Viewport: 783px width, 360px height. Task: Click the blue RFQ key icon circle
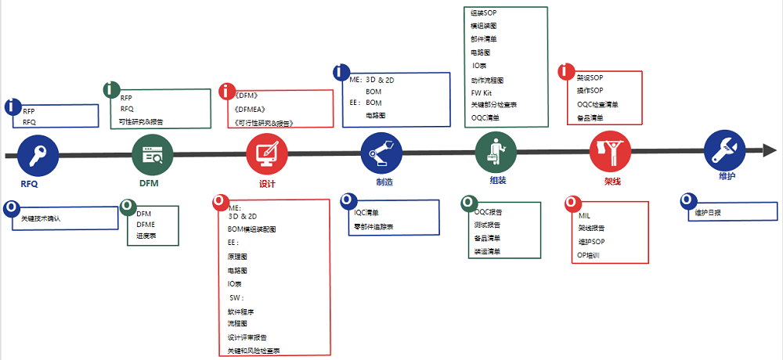coord(38,155)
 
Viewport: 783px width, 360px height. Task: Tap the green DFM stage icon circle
coord(153,155)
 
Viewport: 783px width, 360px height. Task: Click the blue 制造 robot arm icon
coord(381,154)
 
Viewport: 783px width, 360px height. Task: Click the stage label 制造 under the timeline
coord(384,182)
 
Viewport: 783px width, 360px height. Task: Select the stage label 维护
coord(727,177)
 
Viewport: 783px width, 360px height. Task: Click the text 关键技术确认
coord(41,219)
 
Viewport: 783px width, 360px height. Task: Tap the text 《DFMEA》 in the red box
coord(251,109)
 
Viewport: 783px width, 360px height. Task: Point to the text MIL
coord(584,215)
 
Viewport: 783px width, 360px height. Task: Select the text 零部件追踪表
coord(373,226)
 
